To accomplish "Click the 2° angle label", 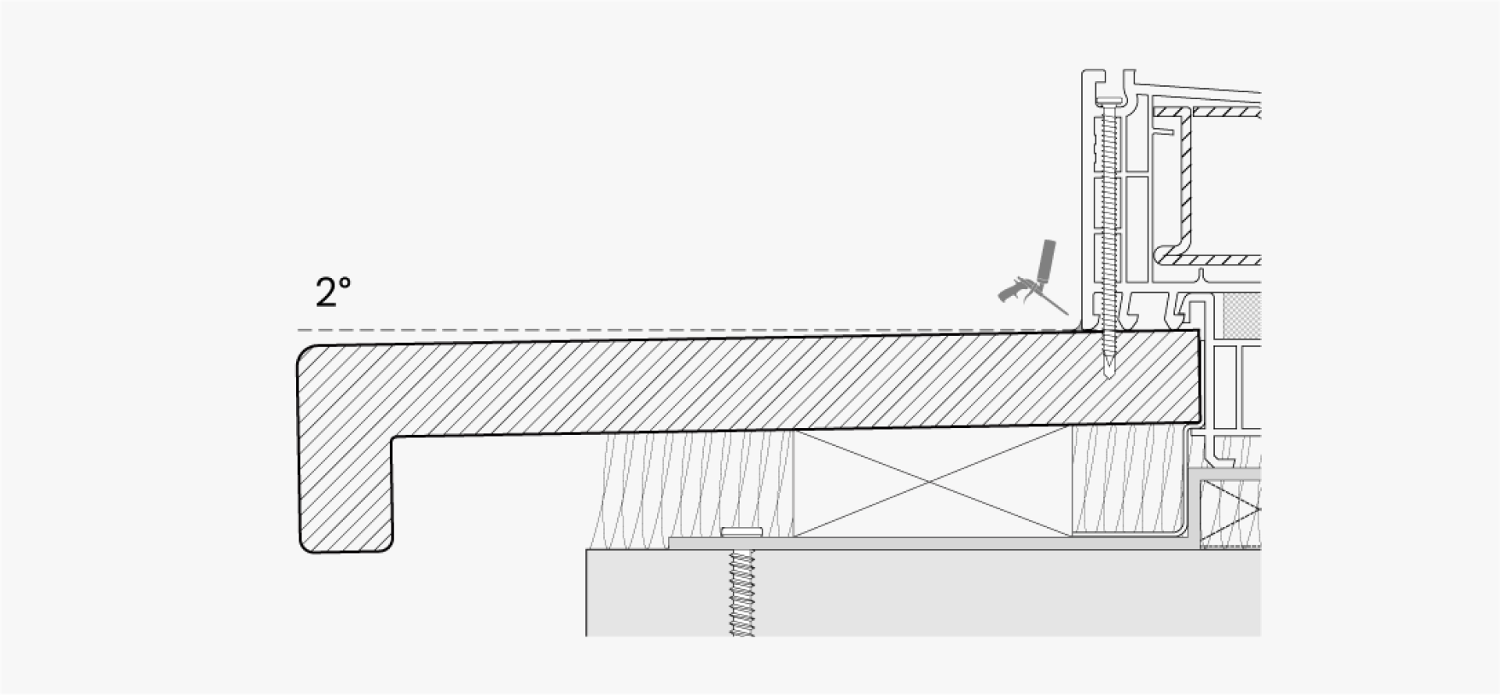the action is [333, 292].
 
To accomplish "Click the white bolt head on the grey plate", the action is [741, 532].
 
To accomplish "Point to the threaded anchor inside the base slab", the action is [741, 593].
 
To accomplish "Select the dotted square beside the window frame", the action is [1241, 317].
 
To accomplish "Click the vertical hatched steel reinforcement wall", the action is [1184, 187].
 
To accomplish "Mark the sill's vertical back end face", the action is [1199, 376].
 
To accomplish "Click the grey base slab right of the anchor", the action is [1008, 593].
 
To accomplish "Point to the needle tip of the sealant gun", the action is [1067, 315].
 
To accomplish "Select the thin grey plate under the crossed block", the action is [930, 543].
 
